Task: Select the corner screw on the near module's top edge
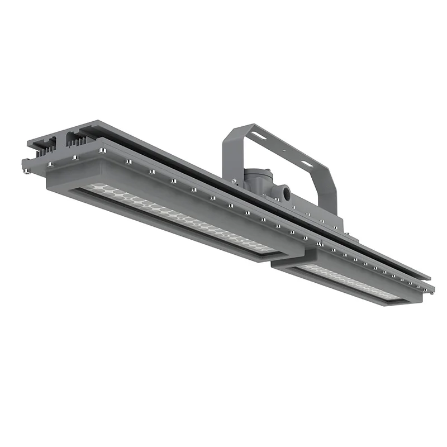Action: [102, 151]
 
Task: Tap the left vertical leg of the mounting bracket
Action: [229, 156]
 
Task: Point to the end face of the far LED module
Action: [282, 267]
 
